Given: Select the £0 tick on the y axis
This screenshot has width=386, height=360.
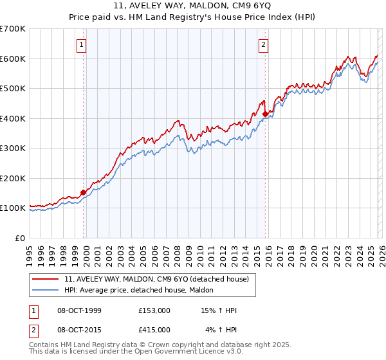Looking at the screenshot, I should (x=21, y=238).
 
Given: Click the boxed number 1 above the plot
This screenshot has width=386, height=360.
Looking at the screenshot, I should (x=82, y=45).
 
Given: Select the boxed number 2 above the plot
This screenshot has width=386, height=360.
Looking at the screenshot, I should (x=264, y=45).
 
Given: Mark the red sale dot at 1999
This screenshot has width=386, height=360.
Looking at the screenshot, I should (x=83, y=192).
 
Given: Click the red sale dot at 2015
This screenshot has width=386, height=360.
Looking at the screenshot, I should (x=265, y=114).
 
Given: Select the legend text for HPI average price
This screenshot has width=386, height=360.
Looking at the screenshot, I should (x=143, y=290).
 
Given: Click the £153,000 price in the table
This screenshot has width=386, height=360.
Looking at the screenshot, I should (x=154, y=310).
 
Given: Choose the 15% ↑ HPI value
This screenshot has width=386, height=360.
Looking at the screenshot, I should (x=220, y=310).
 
